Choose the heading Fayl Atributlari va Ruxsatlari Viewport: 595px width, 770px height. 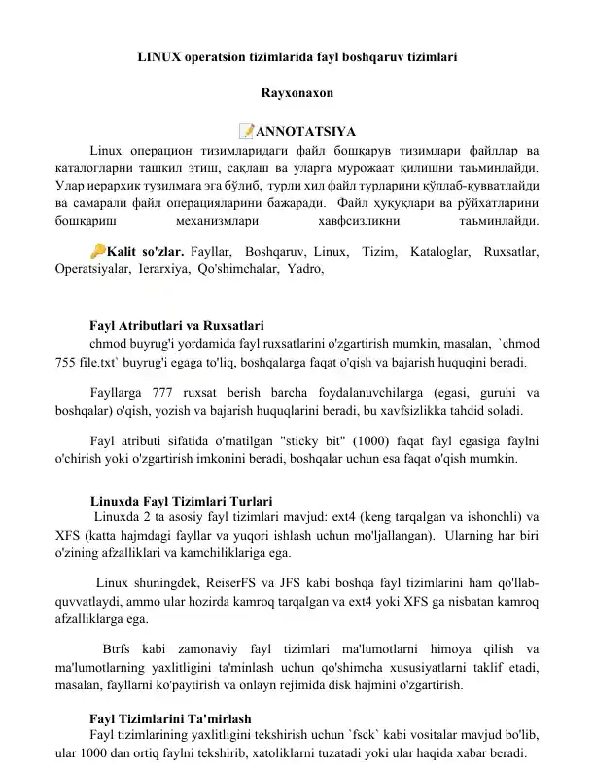coord(177,326)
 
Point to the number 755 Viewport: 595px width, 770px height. coord(68,364)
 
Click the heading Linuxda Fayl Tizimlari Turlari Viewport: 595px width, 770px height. coord(181,501)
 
